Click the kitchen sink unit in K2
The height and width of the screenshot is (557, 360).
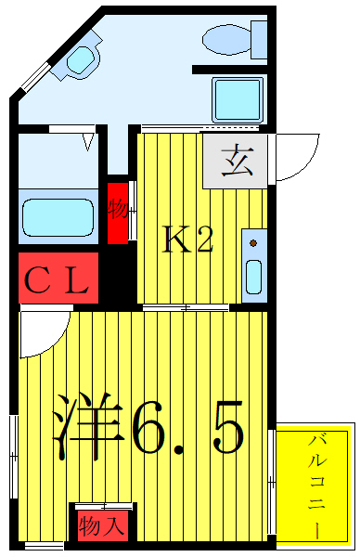pos(253,264)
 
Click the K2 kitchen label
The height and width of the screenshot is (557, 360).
pos(189,240)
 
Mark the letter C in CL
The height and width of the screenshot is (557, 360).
pos(39,279)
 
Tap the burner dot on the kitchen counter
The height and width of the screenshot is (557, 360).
pos(251,244)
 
